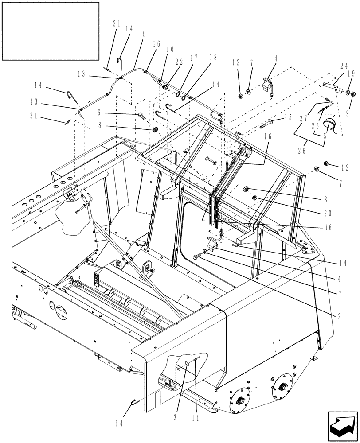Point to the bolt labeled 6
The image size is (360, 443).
tap(142, 116)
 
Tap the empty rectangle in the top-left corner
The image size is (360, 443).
tap(50, 31)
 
